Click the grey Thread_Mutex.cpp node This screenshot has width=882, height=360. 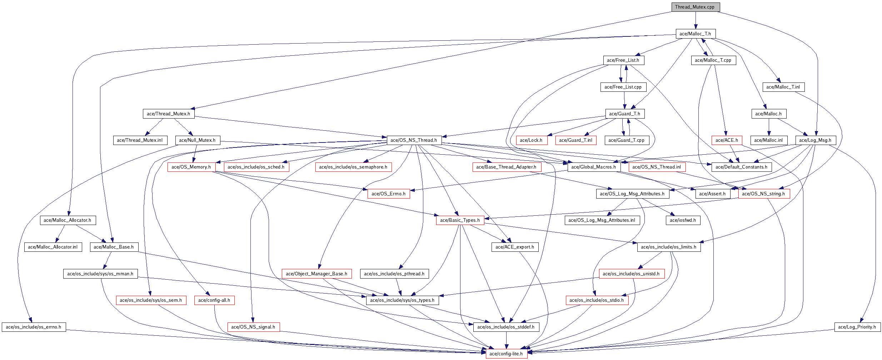click(694, 7)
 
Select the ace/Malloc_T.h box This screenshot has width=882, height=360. click(695, 34)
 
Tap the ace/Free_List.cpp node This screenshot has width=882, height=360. click(623, 87)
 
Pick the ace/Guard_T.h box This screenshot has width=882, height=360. click(624, 114)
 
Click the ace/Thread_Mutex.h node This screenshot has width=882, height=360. click(168, 114)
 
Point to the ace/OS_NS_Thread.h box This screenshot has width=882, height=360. click(414, 140)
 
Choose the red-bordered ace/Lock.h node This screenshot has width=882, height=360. click(531, 140)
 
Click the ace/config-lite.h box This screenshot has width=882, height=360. click(506, 354)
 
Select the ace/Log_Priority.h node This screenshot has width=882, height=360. click(857, 327)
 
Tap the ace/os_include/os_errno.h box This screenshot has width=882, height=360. click(34, 327)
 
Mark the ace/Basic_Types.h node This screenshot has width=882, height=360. click(460, 220)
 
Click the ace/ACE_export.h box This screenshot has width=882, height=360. click(514, 247)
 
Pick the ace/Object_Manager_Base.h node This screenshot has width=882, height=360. click(316, 274)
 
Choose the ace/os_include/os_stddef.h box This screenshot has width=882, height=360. click(506, 327)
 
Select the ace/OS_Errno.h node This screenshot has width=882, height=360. click(388, 194)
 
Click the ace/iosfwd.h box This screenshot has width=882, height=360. click(683, 220)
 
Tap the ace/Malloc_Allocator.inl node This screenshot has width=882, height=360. click(53, 247)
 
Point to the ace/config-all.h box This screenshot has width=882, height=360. click(214, 300)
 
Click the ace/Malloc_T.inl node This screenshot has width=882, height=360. click(783, 87)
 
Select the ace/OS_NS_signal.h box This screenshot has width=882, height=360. click(253, 327)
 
